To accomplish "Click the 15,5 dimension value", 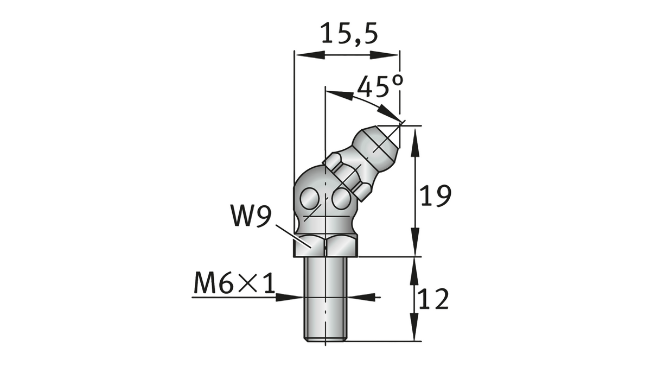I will click(x=347, y=34).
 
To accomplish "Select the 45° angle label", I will click(x=380, y=86).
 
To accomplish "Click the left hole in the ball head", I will click(x=310, y=198).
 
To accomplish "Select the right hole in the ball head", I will click(x=341, y=199).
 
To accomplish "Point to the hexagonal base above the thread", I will click(x=325, y=245).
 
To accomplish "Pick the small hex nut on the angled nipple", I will click(x=347, y=174).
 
